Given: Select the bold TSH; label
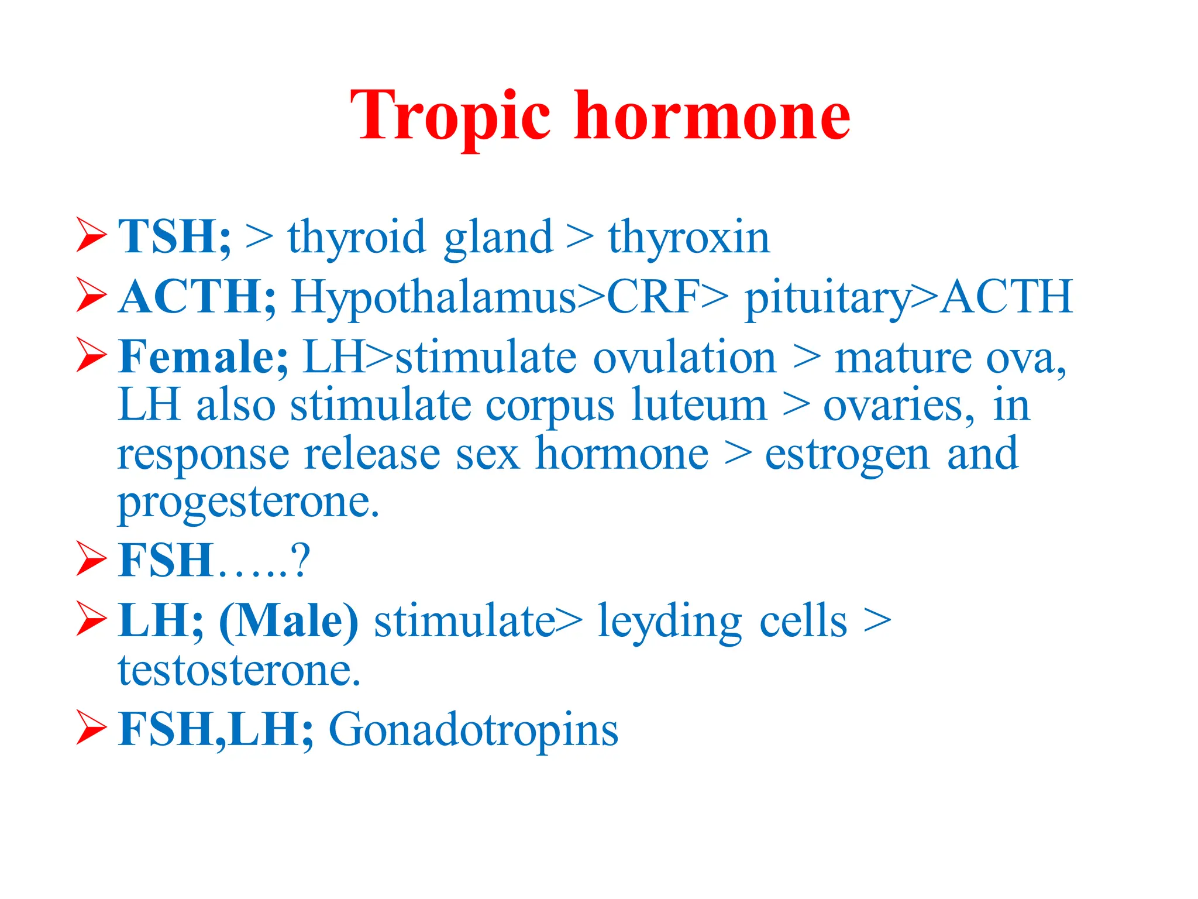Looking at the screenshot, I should pos(174,236).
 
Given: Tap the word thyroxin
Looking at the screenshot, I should pos(688,238).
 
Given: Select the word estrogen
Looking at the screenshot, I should pos(847,455).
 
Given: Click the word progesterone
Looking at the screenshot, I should pos(249,503).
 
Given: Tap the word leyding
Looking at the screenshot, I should pos(670,622).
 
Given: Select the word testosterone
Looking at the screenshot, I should pos(239,670).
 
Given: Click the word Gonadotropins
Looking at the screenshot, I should pos(473,730).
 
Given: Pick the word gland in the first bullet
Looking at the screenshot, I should pos(498,238).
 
